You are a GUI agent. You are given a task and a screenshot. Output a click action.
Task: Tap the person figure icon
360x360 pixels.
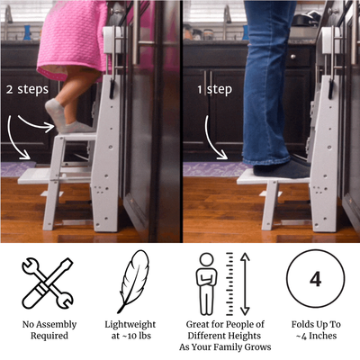[206, 283]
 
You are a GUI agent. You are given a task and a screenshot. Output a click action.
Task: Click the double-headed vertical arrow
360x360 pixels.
[247, 282]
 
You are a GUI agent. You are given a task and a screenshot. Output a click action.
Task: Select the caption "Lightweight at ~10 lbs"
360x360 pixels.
[133, 328]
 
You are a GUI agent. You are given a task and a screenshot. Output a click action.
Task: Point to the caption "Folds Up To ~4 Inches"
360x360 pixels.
[315, 328]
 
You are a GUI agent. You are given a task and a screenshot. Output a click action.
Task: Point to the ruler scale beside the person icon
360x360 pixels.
[230, 282]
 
